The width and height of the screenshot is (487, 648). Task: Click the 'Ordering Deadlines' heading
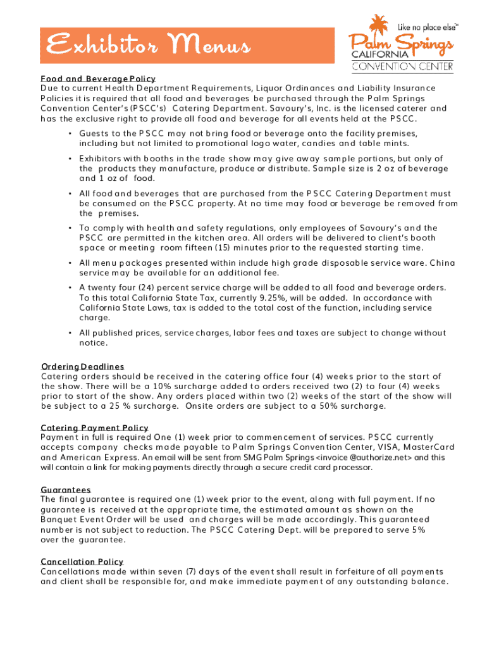(82, 366)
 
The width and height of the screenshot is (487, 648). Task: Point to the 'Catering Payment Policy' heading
(94, 428)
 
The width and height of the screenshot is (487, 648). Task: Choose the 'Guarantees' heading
(66, 490)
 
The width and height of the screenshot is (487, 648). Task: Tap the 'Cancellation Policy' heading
(82, 561)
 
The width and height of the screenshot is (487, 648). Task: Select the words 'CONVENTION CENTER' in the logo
(402, 65)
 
